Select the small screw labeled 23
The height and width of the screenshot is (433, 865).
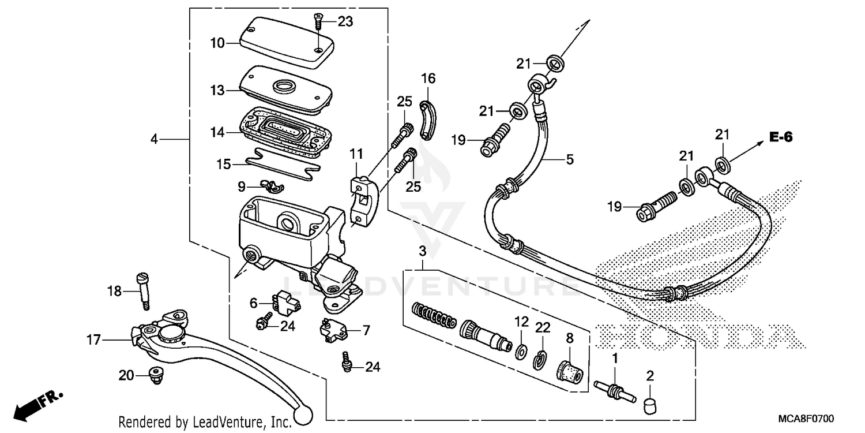(317, 23)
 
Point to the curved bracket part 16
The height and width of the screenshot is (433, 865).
(427, 120)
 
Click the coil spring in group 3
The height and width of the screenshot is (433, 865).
(434, 317)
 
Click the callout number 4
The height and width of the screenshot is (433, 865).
(154, 139)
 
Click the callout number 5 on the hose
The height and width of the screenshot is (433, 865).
(569, 159)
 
